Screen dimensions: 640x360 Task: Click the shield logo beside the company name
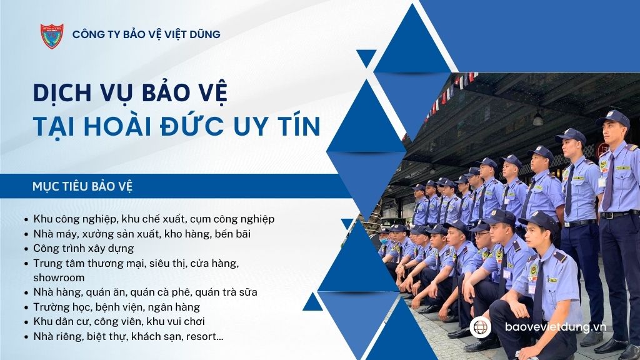pos(52,36)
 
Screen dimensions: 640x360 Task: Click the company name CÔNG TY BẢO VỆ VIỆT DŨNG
pos(146,34)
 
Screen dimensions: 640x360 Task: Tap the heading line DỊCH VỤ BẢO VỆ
pos(130,92)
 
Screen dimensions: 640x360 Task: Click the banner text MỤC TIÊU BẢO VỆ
pos(82,186)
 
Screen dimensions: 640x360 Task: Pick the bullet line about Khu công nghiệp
pos(154,219)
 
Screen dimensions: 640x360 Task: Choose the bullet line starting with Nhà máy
pos(142,234)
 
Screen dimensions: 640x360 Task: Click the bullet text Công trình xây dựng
pos(84,249)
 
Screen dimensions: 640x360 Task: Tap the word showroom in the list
pos(59,277)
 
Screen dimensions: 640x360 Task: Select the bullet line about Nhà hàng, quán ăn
pos(145,292)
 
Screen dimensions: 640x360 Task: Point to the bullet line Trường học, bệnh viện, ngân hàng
pos(117,307)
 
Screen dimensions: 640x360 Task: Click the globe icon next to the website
pos(481,327)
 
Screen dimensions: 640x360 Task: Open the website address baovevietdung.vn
pos(555,327)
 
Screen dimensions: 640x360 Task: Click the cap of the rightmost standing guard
pos(612,118)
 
